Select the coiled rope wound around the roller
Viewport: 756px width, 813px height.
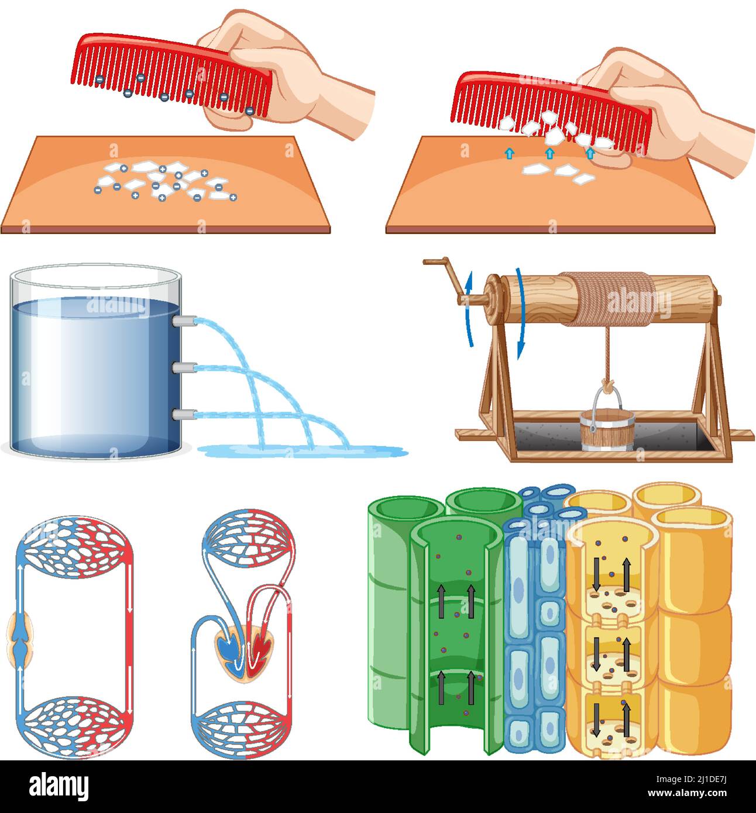coord(614,299)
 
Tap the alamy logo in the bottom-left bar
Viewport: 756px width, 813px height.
coord(59,786)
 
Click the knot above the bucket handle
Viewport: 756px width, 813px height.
coord(609,386)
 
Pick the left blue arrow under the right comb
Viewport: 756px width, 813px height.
coord(509,154)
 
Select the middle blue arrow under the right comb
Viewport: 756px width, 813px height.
coord(549,154)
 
